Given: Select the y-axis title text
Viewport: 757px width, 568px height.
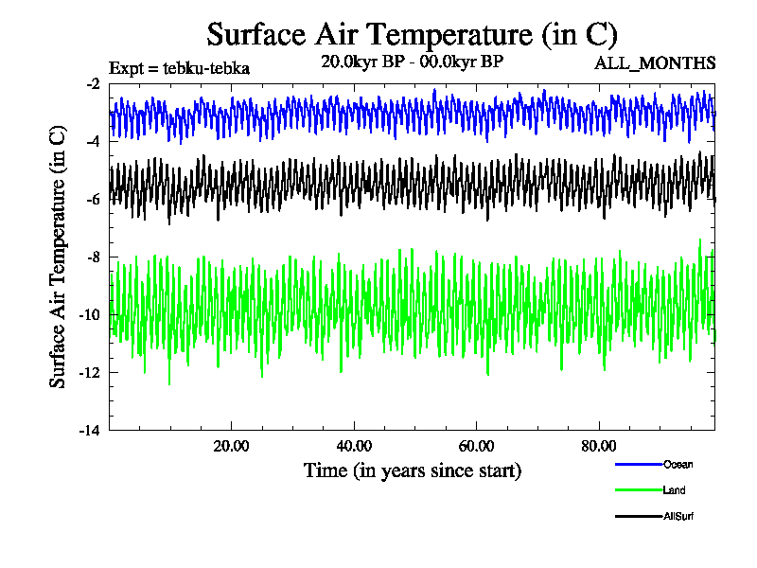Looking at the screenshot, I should [x=58, y=256].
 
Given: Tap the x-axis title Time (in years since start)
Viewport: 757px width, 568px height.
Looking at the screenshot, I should [x=412, y=470].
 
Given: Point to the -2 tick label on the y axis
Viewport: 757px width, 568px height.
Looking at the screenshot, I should [x=93, y=84].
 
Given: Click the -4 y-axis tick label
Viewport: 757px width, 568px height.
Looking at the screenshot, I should [x=93, y=142].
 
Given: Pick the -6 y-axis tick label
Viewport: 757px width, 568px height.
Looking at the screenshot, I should [x=93, y=200].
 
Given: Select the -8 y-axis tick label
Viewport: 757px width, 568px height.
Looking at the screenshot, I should [x=93, y=257].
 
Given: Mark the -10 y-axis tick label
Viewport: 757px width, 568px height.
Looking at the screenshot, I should [x=90, y=315].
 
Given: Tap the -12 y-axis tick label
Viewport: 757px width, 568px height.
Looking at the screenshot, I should [x=90, y=373].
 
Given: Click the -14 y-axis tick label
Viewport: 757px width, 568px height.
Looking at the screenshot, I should [x=90, y=430].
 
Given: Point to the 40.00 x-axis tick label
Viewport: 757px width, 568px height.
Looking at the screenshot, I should [x=354, y=446].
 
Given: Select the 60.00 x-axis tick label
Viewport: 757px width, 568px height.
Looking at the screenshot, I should [x=477, y=446].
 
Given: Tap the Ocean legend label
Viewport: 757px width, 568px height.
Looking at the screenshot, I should [x=678, y=464].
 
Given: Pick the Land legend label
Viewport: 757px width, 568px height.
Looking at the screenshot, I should [x=675, y=490].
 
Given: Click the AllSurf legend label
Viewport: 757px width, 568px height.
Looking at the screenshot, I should [x=679, y=516].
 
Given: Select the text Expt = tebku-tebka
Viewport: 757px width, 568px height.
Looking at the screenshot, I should [x=179, y=68].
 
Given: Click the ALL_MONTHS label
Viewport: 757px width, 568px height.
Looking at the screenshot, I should [x=654, y=63].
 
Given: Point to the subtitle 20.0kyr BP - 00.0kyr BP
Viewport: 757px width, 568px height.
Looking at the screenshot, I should [x=412, y=62].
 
